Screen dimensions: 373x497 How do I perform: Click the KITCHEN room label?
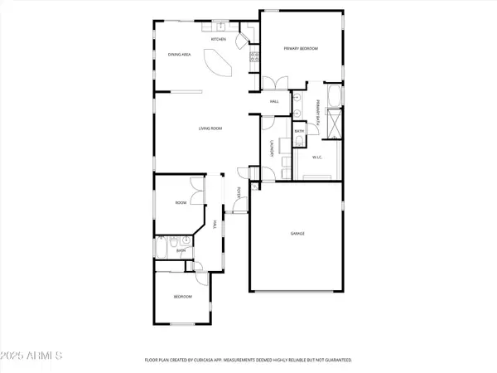[x=219, y=39]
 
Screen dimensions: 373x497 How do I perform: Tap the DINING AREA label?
[x=180, y=55]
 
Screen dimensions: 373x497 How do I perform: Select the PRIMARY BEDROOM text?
[x=301, y=49]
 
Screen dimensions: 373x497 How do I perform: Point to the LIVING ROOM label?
[x=209, y=128]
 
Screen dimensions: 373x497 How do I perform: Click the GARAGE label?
[x=297, y=235]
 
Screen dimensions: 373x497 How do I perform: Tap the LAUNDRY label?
[x=273, y=149]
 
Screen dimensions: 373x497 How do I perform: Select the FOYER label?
[x=239, y=192]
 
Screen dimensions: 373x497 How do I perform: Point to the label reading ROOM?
[x=180, y=202]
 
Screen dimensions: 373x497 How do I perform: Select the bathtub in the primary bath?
[x=334, y=95]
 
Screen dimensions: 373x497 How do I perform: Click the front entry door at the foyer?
[x=234, y=212]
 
